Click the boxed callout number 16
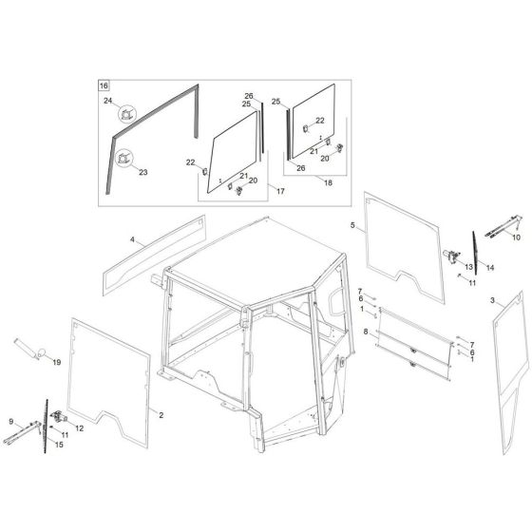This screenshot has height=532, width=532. (104, 85)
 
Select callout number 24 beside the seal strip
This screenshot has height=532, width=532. (107, 101)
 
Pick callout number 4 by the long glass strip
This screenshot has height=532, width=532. (133, 241)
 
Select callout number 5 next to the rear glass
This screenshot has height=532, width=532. (352, 225)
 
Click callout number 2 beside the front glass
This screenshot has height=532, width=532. (161, 416)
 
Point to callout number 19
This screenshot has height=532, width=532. (56, 362)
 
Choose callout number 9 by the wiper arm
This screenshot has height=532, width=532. (11, 421)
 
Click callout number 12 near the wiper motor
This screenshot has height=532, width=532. (79, 428)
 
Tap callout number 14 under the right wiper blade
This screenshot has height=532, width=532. (490, 269)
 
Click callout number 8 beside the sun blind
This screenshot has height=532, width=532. (365, 330)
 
